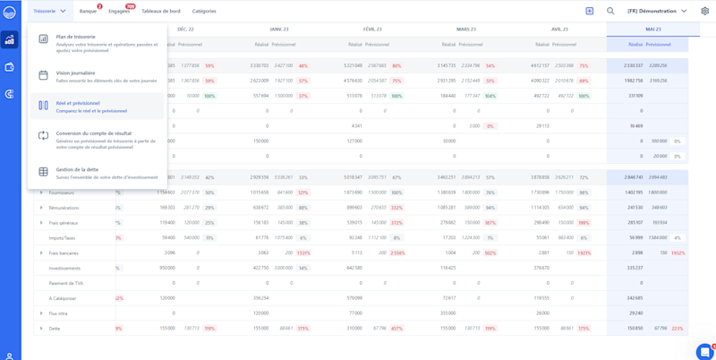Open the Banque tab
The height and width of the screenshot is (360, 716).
coord(88,11)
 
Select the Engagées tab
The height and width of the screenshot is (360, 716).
coord(119,11)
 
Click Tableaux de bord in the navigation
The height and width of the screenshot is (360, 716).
coord(161,11)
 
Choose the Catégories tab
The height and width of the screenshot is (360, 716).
coord(204,11)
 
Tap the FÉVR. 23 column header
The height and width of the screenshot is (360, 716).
coord(372,30)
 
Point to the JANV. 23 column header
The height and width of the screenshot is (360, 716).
coord(279,30)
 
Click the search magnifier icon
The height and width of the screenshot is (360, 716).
coord(611,11)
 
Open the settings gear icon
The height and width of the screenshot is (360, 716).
coord(704,11)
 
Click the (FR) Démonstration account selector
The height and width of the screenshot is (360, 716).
coord(657,11)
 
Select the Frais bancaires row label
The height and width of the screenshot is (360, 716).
coord(65,253)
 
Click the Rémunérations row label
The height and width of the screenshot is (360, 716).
coord(64,208)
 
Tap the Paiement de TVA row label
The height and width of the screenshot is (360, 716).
coord(66,283)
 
